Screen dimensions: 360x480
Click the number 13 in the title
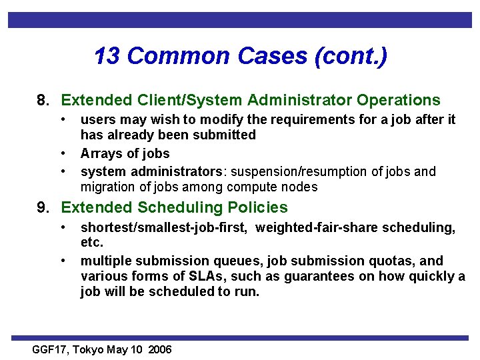pyautogui.click(x=107, y=56)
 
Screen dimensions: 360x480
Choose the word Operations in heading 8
pyautogui.click(x=398, y=101)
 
